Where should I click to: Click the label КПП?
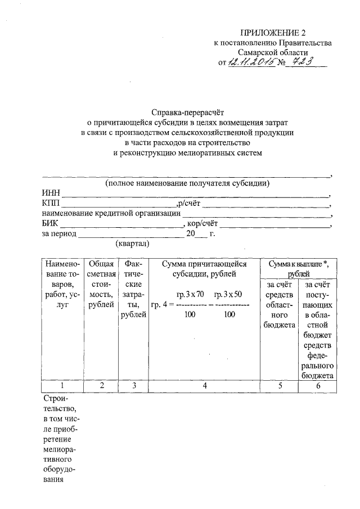point(51,203)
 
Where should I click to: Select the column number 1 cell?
point(61,385)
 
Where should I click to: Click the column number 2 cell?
point(102,385)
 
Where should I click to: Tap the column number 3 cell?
point(134,385)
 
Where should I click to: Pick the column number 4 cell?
point(204,385)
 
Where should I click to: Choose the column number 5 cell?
point(279,385)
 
